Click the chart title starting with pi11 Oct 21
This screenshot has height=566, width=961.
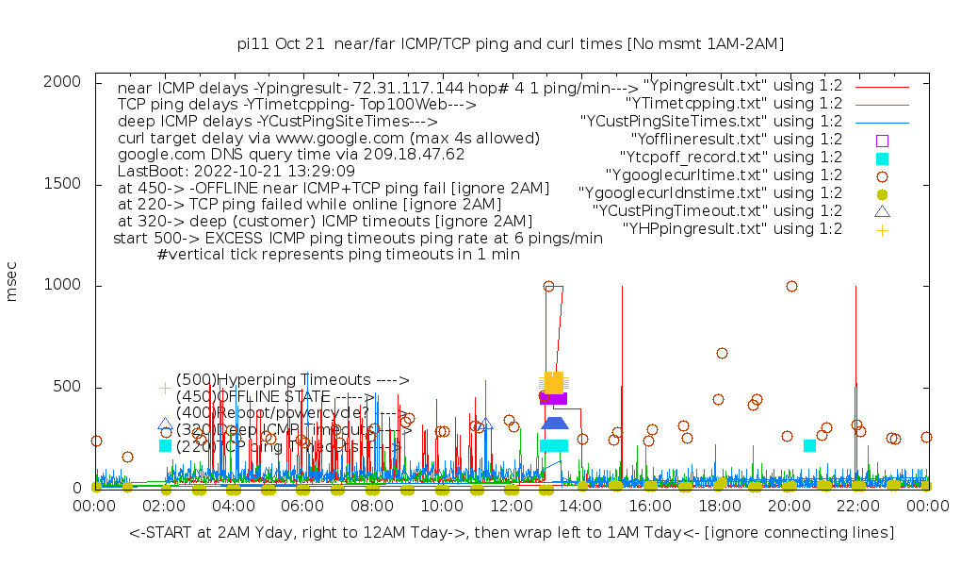pos(511,43)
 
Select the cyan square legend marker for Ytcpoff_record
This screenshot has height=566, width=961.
pos(882,158)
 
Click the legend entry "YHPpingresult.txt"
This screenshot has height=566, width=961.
pos(732,228)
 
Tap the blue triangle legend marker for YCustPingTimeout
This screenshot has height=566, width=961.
pos(882,210)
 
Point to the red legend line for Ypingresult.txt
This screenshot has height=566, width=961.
pos(882,86)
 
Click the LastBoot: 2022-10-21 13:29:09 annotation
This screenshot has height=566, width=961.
pos(236,172)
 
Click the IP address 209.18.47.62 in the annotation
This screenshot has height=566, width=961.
pos(411,154)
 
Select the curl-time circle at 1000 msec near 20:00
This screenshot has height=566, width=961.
pos(791,286)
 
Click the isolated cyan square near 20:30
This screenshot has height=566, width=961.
pos(809,445)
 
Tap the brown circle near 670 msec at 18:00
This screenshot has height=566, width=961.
pos(722,353)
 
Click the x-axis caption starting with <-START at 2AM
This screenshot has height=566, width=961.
pos(512,533)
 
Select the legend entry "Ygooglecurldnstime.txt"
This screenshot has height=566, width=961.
pos(710,192)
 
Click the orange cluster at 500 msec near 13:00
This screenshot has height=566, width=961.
pos(553,382)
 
